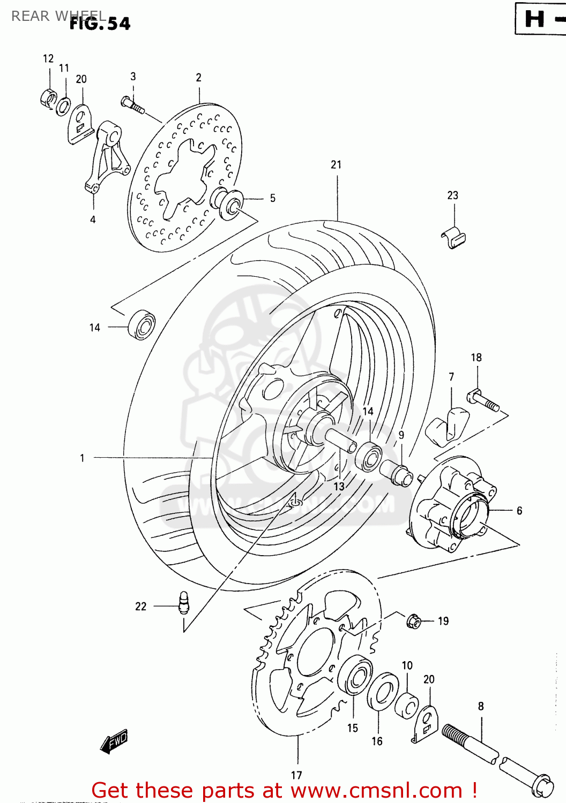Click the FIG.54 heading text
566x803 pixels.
click(100, 24)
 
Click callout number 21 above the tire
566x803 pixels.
click(336, 165)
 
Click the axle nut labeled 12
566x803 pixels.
click(48, 98)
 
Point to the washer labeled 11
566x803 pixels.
click(63, 106)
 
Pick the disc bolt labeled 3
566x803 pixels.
click(133, 104)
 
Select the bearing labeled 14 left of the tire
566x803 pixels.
click(141, 324)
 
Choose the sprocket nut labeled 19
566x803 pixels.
click(413, 621)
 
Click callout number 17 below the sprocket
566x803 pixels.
click(296, 775)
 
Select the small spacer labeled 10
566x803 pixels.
click(407, 706)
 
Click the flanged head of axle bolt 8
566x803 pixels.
click(542, 785)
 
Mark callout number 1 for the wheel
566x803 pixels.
click(82, 458)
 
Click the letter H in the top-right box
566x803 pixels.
click(534, 19)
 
